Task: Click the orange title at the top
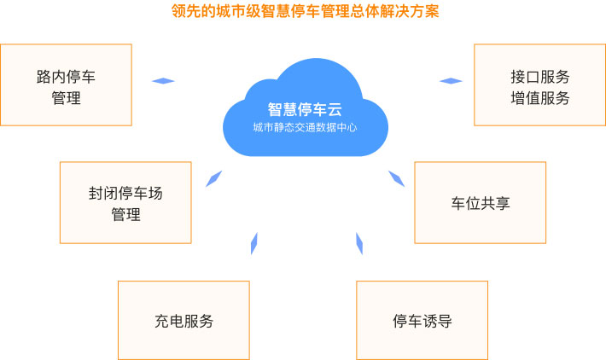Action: tap(305, 11)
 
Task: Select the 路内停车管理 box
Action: tap(66, 85)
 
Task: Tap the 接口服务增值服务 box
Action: tap(540, 85)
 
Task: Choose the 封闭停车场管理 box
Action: tap(125, 203)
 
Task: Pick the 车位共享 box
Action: tap(480, 203)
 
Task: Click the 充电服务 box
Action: tap(184, 320)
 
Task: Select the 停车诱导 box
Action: tap(422, 320)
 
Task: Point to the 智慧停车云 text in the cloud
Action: tap(305, 109)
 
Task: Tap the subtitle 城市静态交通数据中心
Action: tap(305, 127)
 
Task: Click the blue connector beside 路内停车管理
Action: tap(163, 81)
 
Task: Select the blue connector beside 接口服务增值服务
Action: tap(451, 81)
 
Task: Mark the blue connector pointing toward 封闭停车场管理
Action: tap(213, 178)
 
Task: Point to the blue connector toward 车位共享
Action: tap(397, 178)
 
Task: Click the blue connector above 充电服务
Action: tap(254, 244)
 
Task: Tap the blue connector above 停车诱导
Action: tap(359, 244)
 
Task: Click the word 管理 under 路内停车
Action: tap(66, 98)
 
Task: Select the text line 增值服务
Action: tap(540, 98)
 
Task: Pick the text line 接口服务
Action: tap(540, 77)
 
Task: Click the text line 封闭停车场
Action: tap(125, 193)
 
